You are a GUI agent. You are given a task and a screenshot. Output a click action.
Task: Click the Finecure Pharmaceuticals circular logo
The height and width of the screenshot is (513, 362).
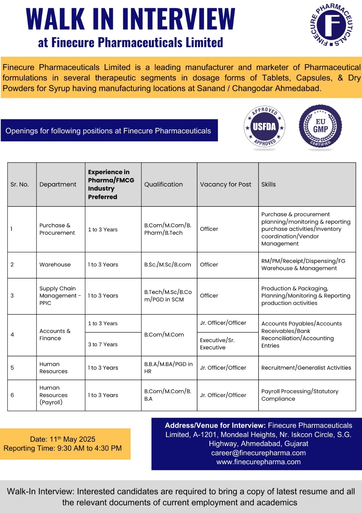[331, 25]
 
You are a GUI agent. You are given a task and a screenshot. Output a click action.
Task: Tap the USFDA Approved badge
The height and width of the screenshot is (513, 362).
[264, 127]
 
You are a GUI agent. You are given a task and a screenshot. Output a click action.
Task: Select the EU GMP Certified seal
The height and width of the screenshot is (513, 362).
[320, 127]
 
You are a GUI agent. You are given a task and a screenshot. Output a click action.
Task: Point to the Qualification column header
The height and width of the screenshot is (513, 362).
[164, 184]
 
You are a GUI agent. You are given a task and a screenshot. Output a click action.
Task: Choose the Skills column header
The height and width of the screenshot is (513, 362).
[269, 184]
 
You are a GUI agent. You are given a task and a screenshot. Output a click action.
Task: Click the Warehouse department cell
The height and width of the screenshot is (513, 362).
[55, 265]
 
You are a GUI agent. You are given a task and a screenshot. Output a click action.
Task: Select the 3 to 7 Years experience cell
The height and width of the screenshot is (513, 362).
[103, 344]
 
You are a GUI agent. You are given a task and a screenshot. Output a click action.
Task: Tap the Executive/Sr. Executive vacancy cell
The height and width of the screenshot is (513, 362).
[217, 344]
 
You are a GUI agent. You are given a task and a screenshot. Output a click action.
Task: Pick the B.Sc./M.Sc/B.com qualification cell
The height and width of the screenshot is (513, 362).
[167, 265]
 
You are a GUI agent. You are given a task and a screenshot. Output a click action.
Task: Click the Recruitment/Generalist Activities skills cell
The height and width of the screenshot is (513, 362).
[306, 368]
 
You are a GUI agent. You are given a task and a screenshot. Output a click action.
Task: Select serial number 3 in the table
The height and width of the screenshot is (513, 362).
[12, 296]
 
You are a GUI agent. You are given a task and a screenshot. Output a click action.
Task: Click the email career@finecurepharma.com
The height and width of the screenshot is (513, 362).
[258, 453]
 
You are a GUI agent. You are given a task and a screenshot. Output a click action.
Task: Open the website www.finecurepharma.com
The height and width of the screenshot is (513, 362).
[258, 462]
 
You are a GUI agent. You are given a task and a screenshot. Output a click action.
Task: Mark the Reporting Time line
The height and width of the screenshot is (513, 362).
[63, 448]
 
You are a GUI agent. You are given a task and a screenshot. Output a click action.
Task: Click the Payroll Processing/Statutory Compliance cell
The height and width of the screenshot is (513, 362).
[300, 395]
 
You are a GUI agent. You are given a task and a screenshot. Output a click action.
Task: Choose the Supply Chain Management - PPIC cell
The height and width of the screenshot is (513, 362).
[60, 296]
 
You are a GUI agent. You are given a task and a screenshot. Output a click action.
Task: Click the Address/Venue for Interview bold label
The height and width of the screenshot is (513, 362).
[215, 425]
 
